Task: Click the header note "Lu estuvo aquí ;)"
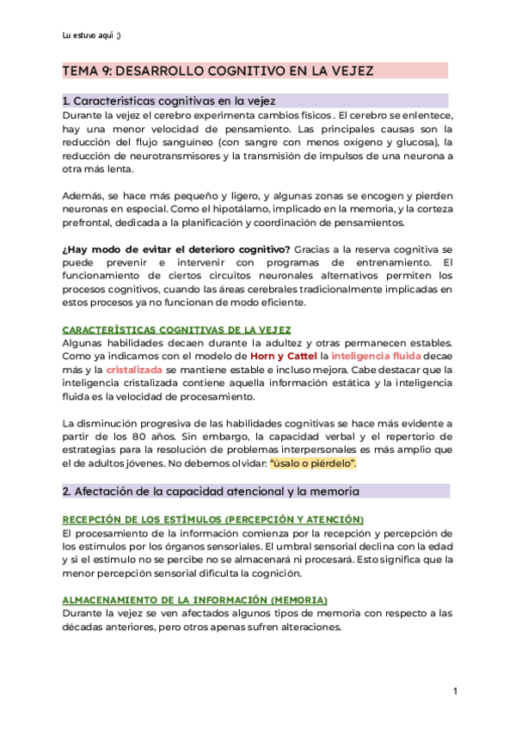[92, 34]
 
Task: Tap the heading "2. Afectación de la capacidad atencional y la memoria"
[211, 491]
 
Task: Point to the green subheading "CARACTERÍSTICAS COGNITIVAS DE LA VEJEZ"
[176, 329]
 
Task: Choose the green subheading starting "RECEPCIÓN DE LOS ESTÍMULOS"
[213, 520]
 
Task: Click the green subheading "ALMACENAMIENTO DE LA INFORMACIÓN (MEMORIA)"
[194, 598]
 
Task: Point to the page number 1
[455, 692]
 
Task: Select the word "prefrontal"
[89, 223]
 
